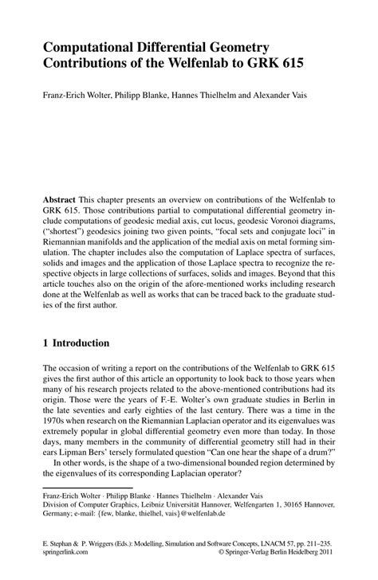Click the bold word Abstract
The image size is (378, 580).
click(61, 197)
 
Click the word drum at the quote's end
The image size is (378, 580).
click(319, 449)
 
